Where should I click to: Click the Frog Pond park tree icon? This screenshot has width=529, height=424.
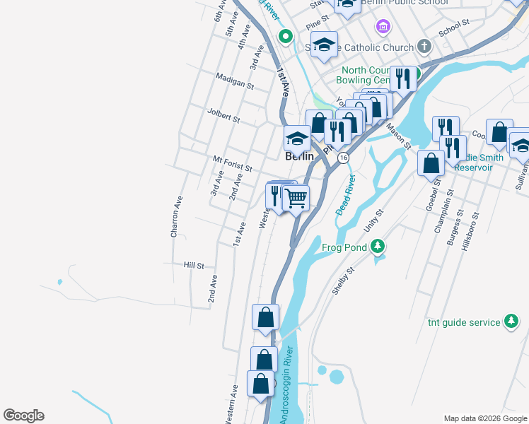[378, 246]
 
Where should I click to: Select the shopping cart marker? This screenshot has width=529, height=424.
[296, 197]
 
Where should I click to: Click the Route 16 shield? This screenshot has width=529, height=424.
[343, 157]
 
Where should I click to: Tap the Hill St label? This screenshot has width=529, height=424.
[194, 266]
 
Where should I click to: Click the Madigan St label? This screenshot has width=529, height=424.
[235, 83]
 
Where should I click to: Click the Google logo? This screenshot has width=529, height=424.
[23, 416]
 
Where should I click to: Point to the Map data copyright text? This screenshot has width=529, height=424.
[484, 418]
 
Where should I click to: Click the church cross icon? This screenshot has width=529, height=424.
[424, 47]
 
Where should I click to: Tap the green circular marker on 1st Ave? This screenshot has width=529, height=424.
[286, 36]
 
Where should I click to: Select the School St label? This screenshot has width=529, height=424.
[454, 28]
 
